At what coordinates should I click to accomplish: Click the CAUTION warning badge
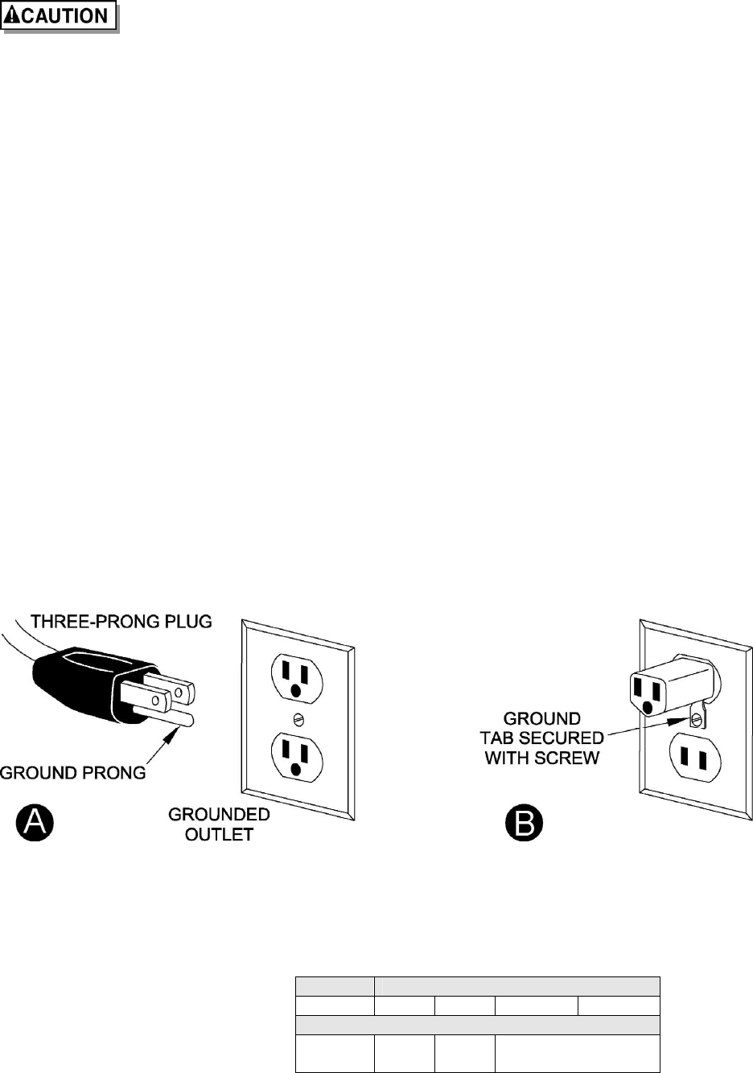point(60,16)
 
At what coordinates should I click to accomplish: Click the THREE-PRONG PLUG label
point(121,622)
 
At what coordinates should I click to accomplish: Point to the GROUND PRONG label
point(73,773)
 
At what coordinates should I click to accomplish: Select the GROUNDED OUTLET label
point(219,824)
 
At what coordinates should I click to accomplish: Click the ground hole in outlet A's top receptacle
point(298,691)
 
